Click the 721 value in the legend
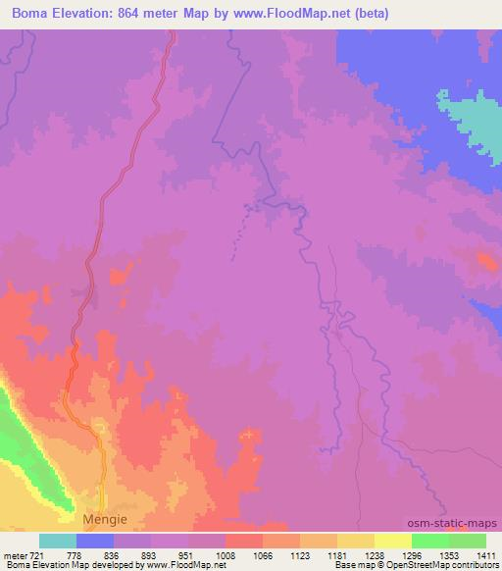tap(35, 554)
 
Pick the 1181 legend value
tap(335, 554)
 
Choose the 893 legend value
tap(149, 554)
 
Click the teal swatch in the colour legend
tap(58, 541)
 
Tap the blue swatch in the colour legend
tap(95, 541)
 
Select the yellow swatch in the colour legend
tap(356, 541)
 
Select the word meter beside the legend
tap(14, 554)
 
